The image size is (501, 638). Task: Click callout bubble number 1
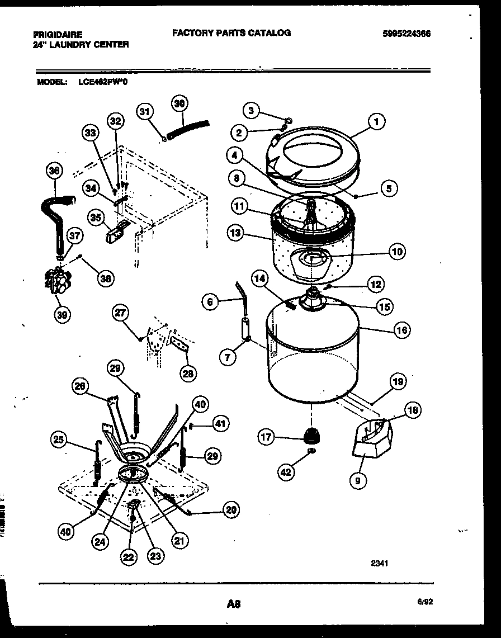tap(376, 121)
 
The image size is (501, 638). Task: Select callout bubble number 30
tap(178, 103)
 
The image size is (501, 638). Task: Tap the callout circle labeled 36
tap(54, 171)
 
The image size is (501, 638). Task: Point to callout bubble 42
tap(286, 472)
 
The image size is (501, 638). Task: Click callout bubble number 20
tap(230, 509)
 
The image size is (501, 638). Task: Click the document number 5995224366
tap(407, 34)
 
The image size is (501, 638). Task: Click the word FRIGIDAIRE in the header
tap(58, 35)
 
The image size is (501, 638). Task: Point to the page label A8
tap(234, 603)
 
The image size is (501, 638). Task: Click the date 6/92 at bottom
tap(424, 602)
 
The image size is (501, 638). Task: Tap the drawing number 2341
tap(379, 564)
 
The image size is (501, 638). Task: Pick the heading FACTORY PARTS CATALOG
tap(231, 33)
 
